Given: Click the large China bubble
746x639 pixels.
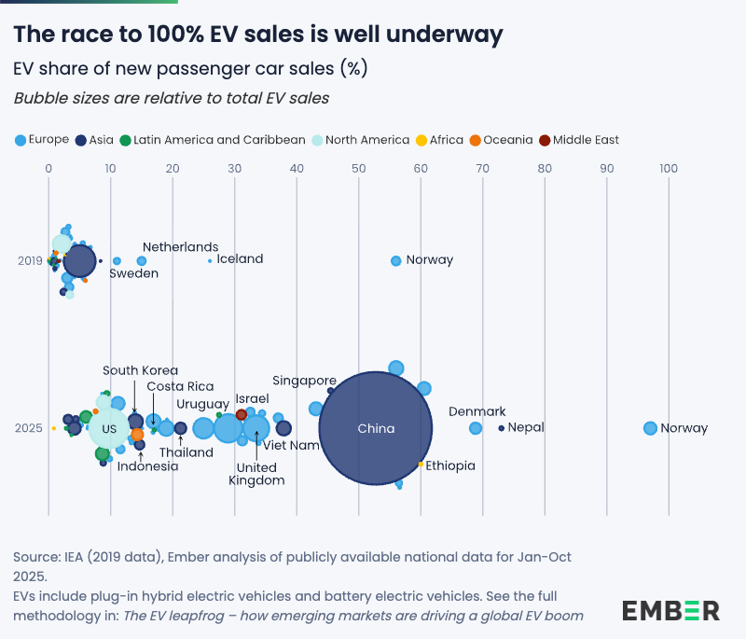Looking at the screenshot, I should click(x=376, y=428).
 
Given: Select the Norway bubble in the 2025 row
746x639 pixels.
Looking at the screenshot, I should click(x=650, y=428).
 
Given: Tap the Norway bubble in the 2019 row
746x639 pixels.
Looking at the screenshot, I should click(x=395, y=260).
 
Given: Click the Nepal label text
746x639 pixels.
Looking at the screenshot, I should click(x=526, y=428).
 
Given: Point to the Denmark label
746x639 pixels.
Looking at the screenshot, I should click(x=477, y=411).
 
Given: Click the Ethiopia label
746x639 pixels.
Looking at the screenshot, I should click(x=450, y=465).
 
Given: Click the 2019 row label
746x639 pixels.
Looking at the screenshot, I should click(x=30, y=260).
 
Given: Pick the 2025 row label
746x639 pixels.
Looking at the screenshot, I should click(x=30, y=428).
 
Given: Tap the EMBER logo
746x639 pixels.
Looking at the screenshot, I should click(x=670, y=611).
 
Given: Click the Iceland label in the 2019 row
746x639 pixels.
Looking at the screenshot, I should click(x=240, y=259).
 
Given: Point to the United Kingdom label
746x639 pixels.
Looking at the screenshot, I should click(x=256, y=474).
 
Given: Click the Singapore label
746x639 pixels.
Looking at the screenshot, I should click(x=304, y=381).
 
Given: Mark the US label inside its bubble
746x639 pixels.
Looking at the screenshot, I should click(x=109, y=429).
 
